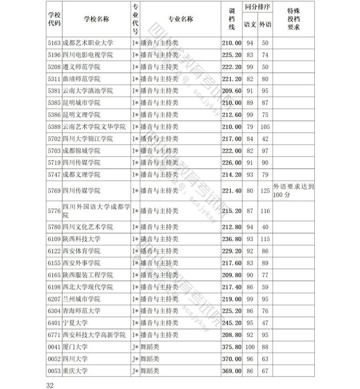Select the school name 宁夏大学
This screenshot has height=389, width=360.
click(75, 323)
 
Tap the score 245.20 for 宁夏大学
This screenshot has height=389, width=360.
click(231, 323)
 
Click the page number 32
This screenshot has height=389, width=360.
click(50, 383)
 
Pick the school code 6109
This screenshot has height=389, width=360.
click(53, 239)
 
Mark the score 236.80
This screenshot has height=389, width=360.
click(231, 239)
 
